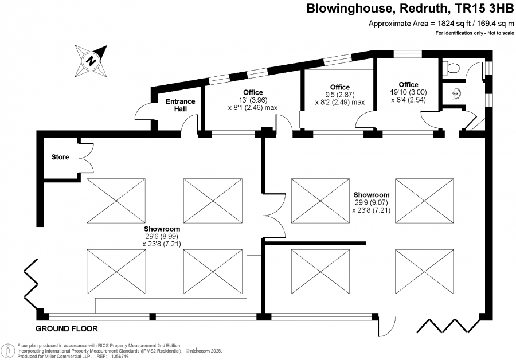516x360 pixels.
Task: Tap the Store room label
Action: [60, 156]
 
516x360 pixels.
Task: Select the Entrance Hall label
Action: [180, 105]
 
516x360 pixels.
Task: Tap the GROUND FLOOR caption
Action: [67, 329]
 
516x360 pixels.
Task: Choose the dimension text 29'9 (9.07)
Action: [372, 202]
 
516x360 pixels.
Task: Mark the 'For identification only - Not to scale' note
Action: [474, 33]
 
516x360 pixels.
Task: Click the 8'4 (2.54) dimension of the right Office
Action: [409, 100]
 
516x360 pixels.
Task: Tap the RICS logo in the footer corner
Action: [9, 350]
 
